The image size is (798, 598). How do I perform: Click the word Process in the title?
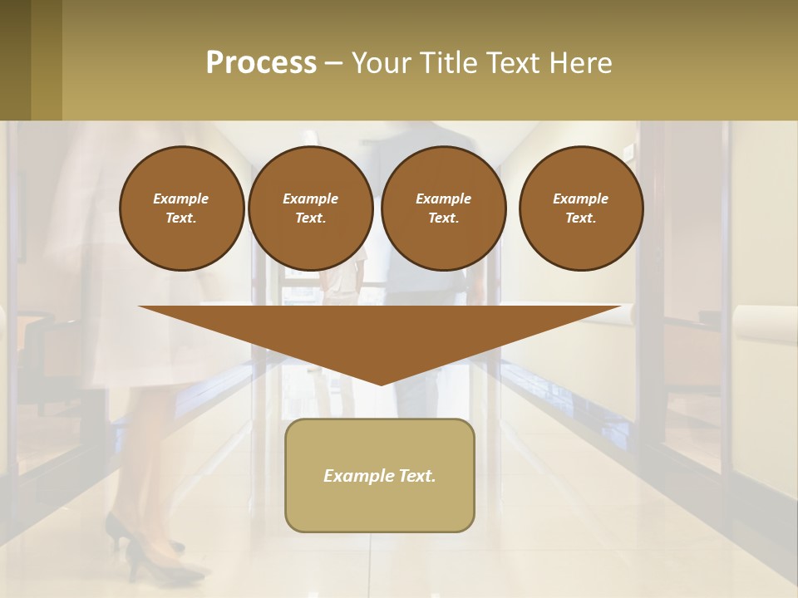(261, 63)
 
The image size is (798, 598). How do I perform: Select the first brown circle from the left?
(182, 208)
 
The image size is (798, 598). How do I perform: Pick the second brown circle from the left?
(311, 208)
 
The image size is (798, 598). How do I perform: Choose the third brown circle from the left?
(443, 208)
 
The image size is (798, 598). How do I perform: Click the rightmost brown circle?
(581, 208)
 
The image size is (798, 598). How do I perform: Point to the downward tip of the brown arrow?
(381, 383)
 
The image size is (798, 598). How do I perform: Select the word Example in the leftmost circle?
(181, 199)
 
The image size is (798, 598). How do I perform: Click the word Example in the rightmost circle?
(580, 199)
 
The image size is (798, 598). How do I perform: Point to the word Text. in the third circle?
(444, 218)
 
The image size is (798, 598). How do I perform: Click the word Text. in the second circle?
(311, 218)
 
